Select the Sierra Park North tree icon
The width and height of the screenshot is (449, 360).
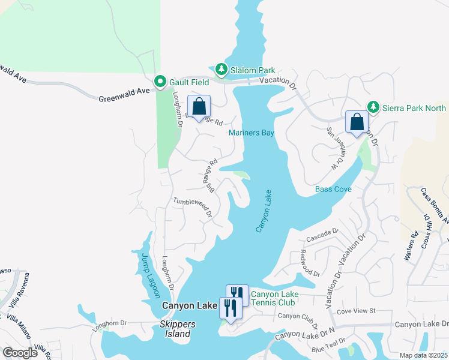click(373, 107)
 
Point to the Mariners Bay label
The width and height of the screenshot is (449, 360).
click(251, 133)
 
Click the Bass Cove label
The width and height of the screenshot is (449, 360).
click(332, 189)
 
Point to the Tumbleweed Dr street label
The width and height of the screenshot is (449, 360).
click(193, 208)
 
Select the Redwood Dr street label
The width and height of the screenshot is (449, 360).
click(310, 263)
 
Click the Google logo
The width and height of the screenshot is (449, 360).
click(20, 352)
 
